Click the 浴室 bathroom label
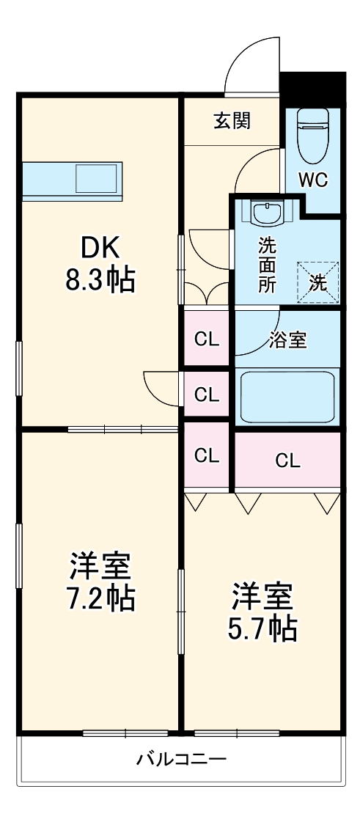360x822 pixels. [287, 340]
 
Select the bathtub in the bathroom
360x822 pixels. [287, 396]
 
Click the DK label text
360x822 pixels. [100, 249]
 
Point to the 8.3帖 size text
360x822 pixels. [100, 279]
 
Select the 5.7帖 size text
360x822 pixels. [263, 628]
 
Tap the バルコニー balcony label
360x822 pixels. [180, 758]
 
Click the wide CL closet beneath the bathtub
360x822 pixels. [287, 460]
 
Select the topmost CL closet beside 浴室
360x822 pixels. [207, 339]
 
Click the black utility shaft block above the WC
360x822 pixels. [313, 88]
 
